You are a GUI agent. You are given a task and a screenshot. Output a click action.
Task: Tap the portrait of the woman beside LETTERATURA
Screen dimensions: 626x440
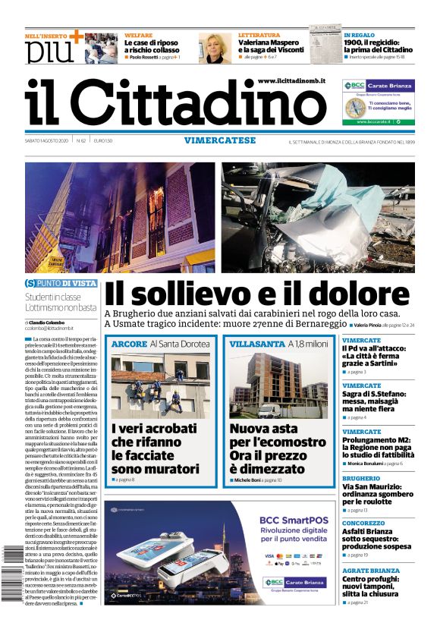coord(215,47)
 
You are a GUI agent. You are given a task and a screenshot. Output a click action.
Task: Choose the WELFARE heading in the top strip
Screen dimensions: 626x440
coord(138,35)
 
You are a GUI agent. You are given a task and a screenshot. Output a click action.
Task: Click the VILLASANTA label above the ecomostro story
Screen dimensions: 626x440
coord(256,344)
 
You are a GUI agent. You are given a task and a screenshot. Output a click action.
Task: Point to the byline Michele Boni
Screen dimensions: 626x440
coord(247,480)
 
